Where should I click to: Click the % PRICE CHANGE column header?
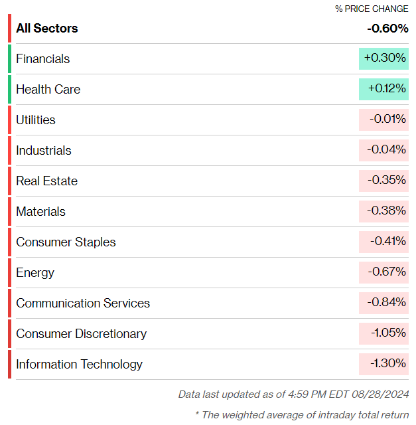372,9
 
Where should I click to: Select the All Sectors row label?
47,28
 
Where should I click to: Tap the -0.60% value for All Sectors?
387,28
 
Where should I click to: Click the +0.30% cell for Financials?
383,58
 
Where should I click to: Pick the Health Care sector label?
48,89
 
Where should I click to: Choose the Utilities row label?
36,120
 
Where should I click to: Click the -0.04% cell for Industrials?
383,151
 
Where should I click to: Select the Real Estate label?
47,181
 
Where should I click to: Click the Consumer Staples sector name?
66,242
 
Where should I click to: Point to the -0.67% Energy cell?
383,272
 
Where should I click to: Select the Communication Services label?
83,303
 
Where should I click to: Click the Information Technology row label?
79,365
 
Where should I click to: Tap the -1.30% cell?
383,364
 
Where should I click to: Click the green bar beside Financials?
9,58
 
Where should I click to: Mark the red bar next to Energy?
9,272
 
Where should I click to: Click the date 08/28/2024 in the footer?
380,394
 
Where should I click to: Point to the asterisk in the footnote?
197,413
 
